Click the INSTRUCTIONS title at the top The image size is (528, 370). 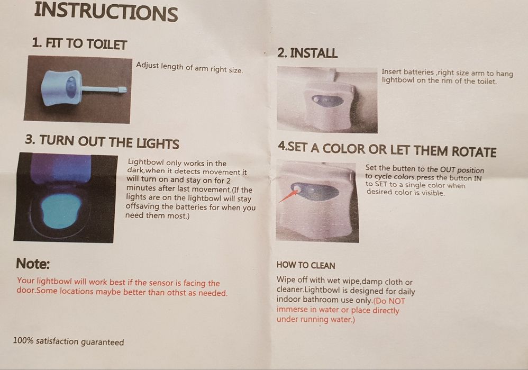click(x=106, y=12)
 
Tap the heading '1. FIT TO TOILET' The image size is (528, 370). click(x=79, y=44)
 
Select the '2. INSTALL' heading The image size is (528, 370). click(x=307, y=53)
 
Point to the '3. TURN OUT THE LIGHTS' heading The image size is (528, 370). click(x=102, y=142)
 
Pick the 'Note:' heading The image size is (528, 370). click(x=33, y=264)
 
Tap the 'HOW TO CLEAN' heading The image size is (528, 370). click(x=306, y=266)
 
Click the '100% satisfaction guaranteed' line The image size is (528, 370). click(x=68, y=341)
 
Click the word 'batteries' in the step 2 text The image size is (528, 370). click(x=418, y=72)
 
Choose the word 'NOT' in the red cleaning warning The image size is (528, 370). click(x=397, y=301)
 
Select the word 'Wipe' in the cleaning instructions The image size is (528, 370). click(x=284, y=280)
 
